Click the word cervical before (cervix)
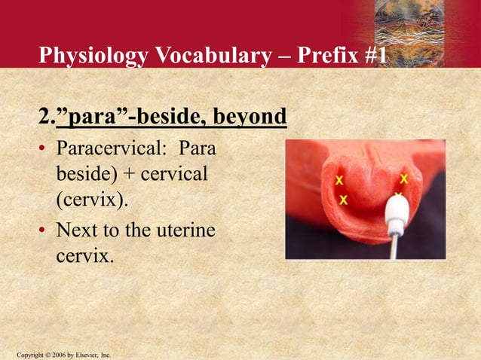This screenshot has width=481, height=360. [173, 175]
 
